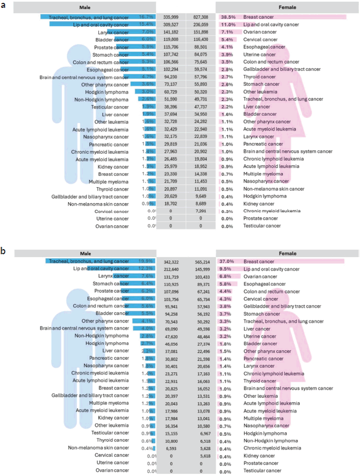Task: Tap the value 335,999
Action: (170, 18)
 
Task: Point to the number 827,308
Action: (201, 18)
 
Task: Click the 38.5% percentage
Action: (228, 18)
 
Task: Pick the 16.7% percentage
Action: (146, 18)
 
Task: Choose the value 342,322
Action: (170, 262)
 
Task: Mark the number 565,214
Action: (201, 262)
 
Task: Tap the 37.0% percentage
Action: (228, 262)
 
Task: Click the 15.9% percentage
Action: (146, 262)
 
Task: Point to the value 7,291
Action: (201, 211)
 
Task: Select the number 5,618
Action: (201, 455)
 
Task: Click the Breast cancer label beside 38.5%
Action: (258, 18)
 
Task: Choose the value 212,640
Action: (170, 269)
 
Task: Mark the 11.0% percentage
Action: (228, 25)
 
